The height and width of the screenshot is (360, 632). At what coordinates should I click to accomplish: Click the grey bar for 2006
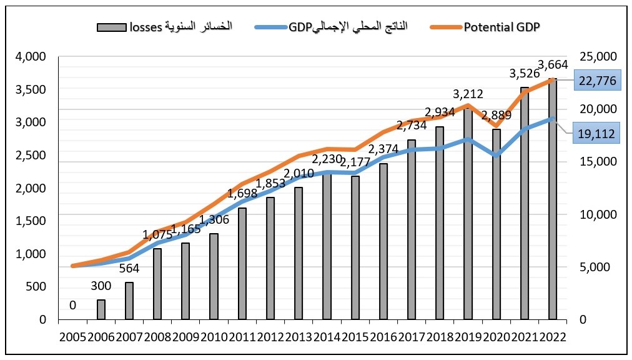point(101,309)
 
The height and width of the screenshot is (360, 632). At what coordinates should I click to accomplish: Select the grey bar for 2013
point(299,253)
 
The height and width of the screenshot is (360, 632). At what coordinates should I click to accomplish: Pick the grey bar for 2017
point(412,229)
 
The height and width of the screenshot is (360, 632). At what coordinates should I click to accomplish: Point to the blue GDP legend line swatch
point(271,27)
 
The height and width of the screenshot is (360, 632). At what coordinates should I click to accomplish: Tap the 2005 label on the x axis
point(72,337)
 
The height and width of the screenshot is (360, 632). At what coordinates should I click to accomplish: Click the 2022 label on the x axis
point(552,337)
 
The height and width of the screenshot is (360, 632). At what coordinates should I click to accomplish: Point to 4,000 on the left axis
point(29,57)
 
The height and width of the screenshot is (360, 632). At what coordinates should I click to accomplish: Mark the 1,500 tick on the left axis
point(29,221)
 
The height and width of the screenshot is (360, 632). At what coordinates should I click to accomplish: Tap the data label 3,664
point(553,64)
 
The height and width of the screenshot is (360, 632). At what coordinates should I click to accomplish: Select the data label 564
point(129,269)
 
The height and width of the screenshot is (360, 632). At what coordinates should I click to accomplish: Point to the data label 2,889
point(496,116)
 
